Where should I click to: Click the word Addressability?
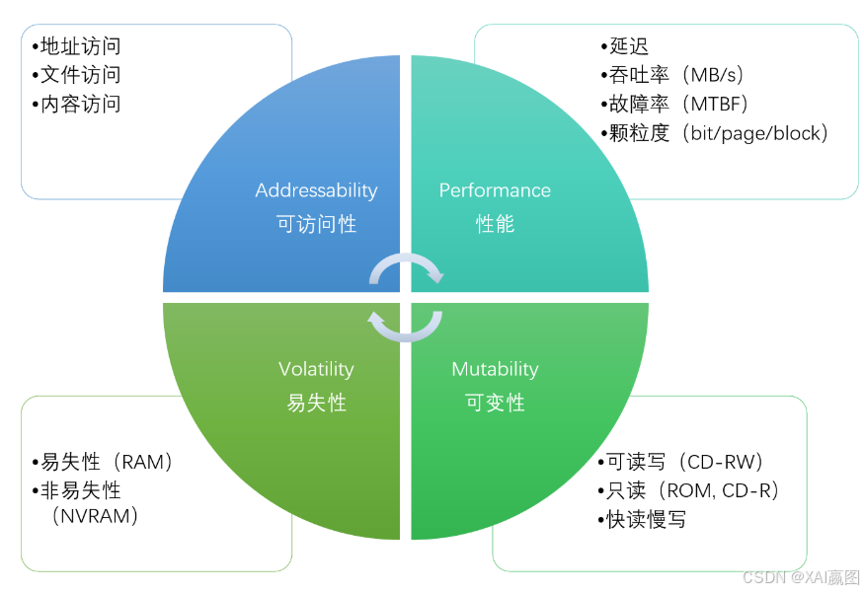coord(316,190)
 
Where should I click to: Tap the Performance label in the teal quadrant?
coord(495,190)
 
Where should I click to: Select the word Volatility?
coord(316,369)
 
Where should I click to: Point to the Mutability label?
coord(495,369)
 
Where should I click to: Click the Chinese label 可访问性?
coord(316,224)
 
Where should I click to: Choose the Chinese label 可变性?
coord(495,403)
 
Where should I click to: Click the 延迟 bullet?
coord(628,46)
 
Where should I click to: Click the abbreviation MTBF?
coord(717,104)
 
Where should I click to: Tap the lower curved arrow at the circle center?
coord(406,326)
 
